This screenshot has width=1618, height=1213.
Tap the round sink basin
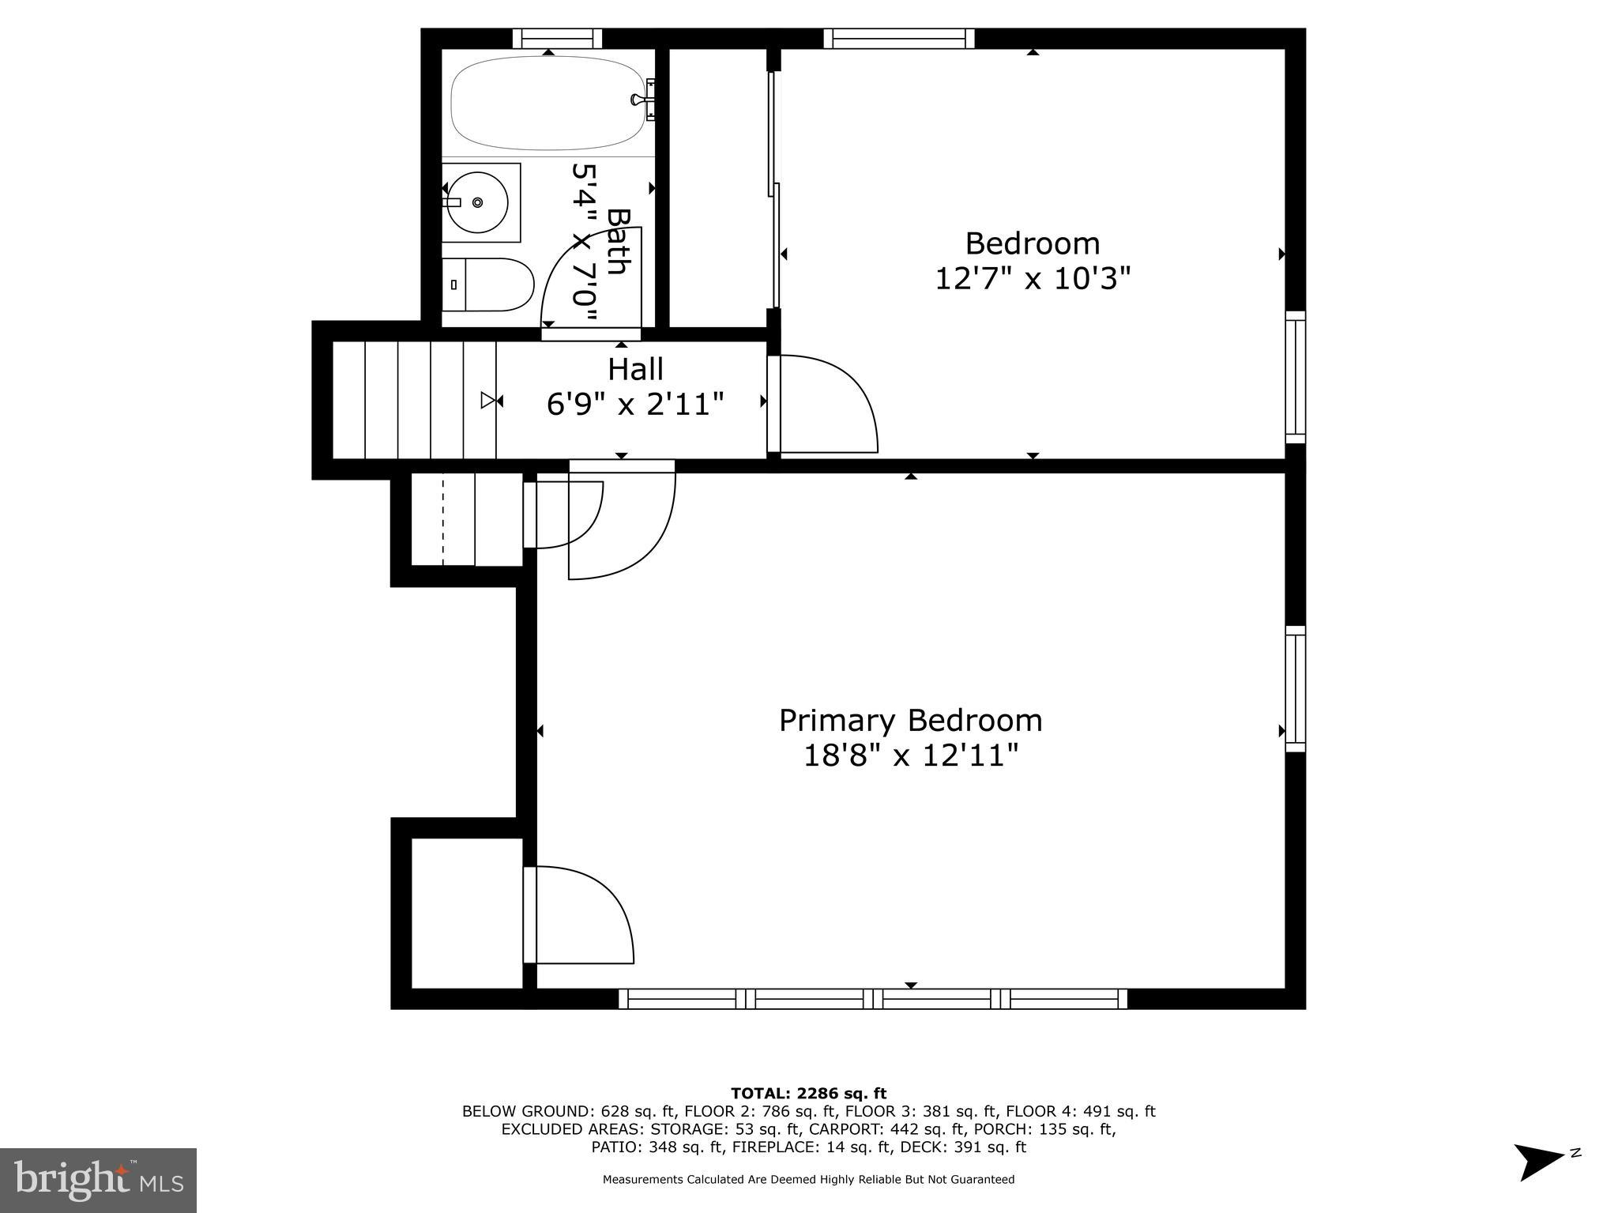pos(476,203)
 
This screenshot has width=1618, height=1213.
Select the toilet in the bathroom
pos(490,284)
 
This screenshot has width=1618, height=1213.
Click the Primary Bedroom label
pos(910,721)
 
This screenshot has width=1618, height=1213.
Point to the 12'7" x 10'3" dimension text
pos(1033,279)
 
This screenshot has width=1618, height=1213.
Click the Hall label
pos(635,369)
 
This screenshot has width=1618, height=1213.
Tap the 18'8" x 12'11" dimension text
pos(910,756)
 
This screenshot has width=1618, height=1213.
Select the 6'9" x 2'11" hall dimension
pos(635,405)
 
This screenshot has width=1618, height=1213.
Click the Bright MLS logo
pos(98,1181)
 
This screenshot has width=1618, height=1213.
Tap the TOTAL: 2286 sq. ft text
pos(808,1094)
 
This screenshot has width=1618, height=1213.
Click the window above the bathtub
pos(557,38)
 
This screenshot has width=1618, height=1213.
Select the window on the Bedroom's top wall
pos(898,38)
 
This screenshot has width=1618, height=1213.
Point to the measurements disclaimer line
pos(808,1180)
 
